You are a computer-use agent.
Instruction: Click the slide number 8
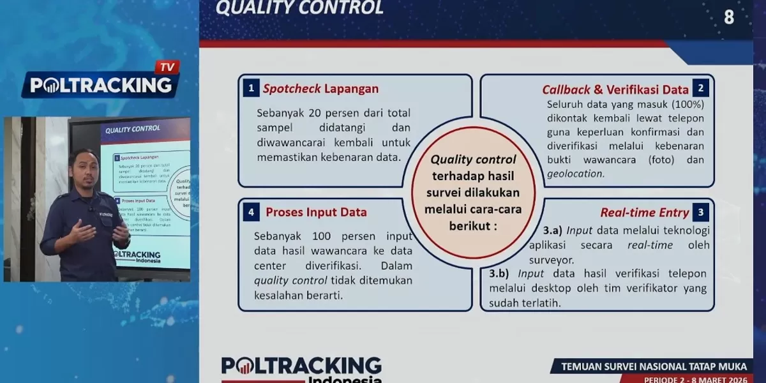(729, 17)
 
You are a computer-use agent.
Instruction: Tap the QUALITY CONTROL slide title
(299, 8)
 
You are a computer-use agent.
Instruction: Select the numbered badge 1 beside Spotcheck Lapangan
(252, 89)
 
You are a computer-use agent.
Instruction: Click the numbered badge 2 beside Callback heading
(700, 89)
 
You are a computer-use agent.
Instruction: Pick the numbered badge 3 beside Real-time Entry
(700, 213)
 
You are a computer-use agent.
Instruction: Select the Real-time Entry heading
(645, 213)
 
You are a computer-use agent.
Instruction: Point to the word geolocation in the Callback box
(575, 174)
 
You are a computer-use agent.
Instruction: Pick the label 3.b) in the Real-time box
(499, 274)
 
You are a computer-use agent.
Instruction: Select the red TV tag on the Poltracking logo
(167, 67)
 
